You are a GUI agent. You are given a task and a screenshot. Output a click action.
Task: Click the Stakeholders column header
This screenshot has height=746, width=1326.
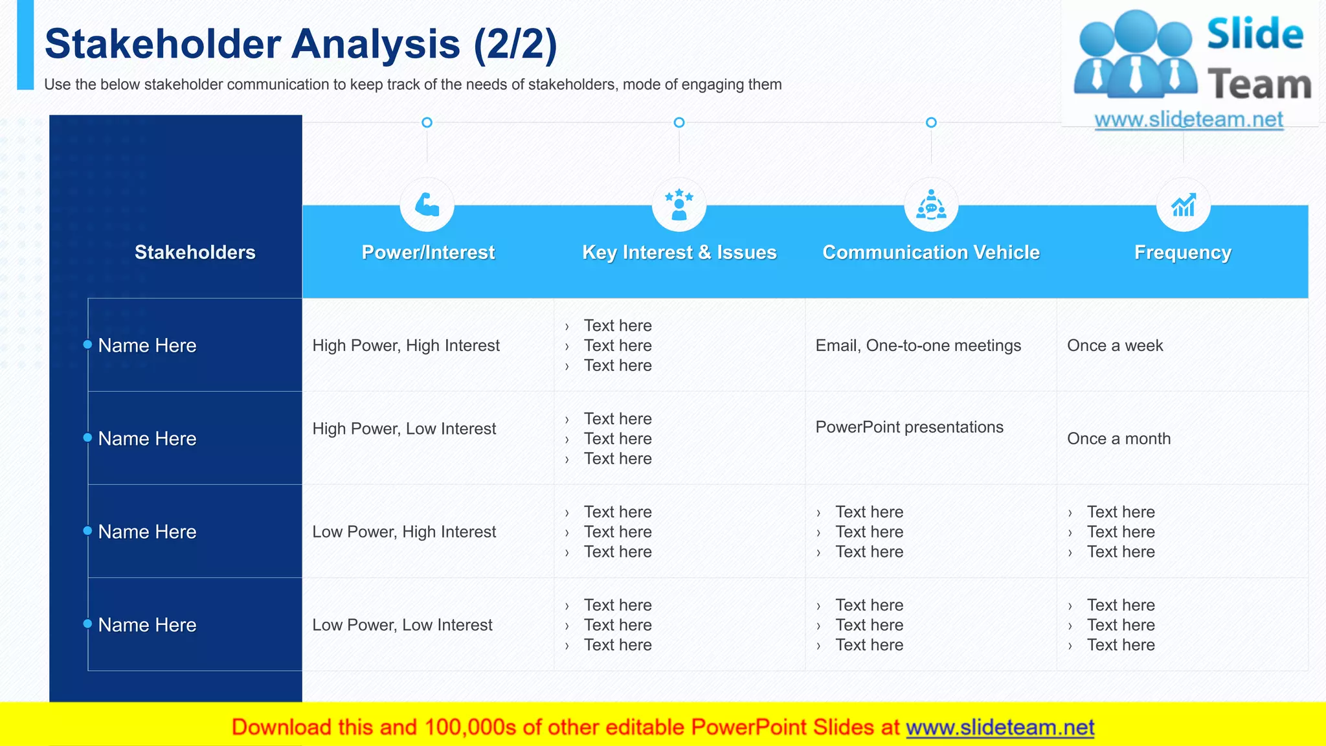(x=195, y=253)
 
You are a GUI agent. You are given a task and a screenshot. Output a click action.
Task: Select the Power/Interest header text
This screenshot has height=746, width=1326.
(x=428, y=253)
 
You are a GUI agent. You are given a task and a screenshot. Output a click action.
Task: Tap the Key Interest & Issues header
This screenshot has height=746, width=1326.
(x=679, y=253)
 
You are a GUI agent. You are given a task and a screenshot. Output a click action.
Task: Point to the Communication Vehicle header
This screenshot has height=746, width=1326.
(x=931, y=253)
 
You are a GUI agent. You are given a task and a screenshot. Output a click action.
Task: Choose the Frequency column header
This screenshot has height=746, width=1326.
(x=1183, y=253)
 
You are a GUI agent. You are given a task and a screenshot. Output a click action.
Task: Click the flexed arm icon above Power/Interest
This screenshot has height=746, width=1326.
(x=427, y=205)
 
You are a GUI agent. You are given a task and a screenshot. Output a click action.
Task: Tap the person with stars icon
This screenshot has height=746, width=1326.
(x=679, y=205)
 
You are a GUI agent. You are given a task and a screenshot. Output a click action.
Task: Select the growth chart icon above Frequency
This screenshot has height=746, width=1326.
(x=1184, y=205)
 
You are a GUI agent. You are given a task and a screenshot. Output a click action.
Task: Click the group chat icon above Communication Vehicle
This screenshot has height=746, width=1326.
(x=931, y=205)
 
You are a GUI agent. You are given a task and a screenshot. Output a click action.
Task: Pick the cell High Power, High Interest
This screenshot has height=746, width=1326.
(x=406, y=346)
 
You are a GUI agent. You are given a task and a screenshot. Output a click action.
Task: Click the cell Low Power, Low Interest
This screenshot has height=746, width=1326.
(x=402, y=626)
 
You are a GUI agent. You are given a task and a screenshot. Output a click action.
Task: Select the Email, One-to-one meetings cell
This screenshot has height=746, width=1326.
(x=918, y=346)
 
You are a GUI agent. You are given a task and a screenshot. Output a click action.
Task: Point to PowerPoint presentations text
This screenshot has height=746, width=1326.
(x=909, y=427)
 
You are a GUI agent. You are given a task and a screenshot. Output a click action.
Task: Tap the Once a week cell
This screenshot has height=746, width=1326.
(x=1115, y=346)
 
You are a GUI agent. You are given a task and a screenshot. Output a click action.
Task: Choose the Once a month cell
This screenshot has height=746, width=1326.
(x=1119, y=439)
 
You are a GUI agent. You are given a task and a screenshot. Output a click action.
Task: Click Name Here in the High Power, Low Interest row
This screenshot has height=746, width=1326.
(x=147, y=439)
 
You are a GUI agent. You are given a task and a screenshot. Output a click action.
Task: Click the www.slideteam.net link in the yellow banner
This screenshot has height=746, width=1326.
(x=1000, y=728)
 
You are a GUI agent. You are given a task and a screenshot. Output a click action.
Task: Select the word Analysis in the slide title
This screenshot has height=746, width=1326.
(x=376, y=44)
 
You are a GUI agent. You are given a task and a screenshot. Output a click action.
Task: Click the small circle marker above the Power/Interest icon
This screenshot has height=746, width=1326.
(x=427, y=122)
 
